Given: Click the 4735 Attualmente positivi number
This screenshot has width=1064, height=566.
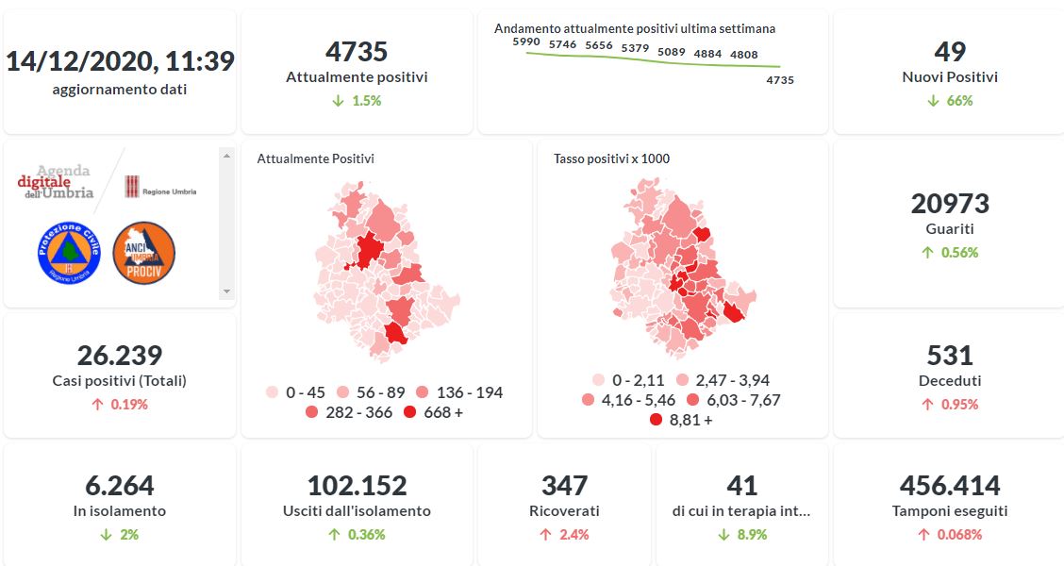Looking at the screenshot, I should (356, 51).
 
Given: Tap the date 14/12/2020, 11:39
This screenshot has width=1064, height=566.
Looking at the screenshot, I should (120, 61).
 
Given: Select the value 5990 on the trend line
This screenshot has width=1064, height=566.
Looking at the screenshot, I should (525, 42).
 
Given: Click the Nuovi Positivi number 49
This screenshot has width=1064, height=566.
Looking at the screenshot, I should (949, 51).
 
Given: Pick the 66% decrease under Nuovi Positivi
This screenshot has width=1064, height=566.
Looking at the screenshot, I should (949, 101).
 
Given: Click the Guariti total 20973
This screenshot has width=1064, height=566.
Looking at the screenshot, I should (949, 203).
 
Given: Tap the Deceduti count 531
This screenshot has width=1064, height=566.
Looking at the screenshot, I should (949, 355).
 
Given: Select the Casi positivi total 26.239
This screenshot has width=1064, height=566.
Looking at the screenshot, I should (120, 355).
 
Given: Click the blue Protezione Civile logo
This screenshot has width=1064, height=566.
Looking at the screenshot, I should (69, 251).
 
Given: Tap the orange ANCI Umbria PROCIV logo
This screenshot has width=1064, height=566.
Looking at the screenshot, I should (143, 252).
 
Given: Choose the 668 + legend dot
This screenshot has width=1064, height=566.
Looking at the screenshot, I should (409, 412).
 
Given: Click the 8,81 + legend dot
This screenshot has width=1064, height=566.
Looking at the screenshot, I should (656, 420).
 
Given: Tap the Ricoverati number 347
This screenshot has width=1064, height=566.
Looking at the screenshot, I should (564, 485).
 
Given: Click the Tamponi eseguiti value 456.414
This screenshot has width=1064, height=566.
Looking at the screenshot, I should (949, 485).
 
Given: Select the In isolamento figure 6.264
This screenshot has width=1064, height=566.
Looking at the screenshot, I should (120, 485).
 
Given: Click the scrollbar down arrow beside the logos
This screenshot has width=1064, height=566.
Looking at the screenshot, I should (225, 291).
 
